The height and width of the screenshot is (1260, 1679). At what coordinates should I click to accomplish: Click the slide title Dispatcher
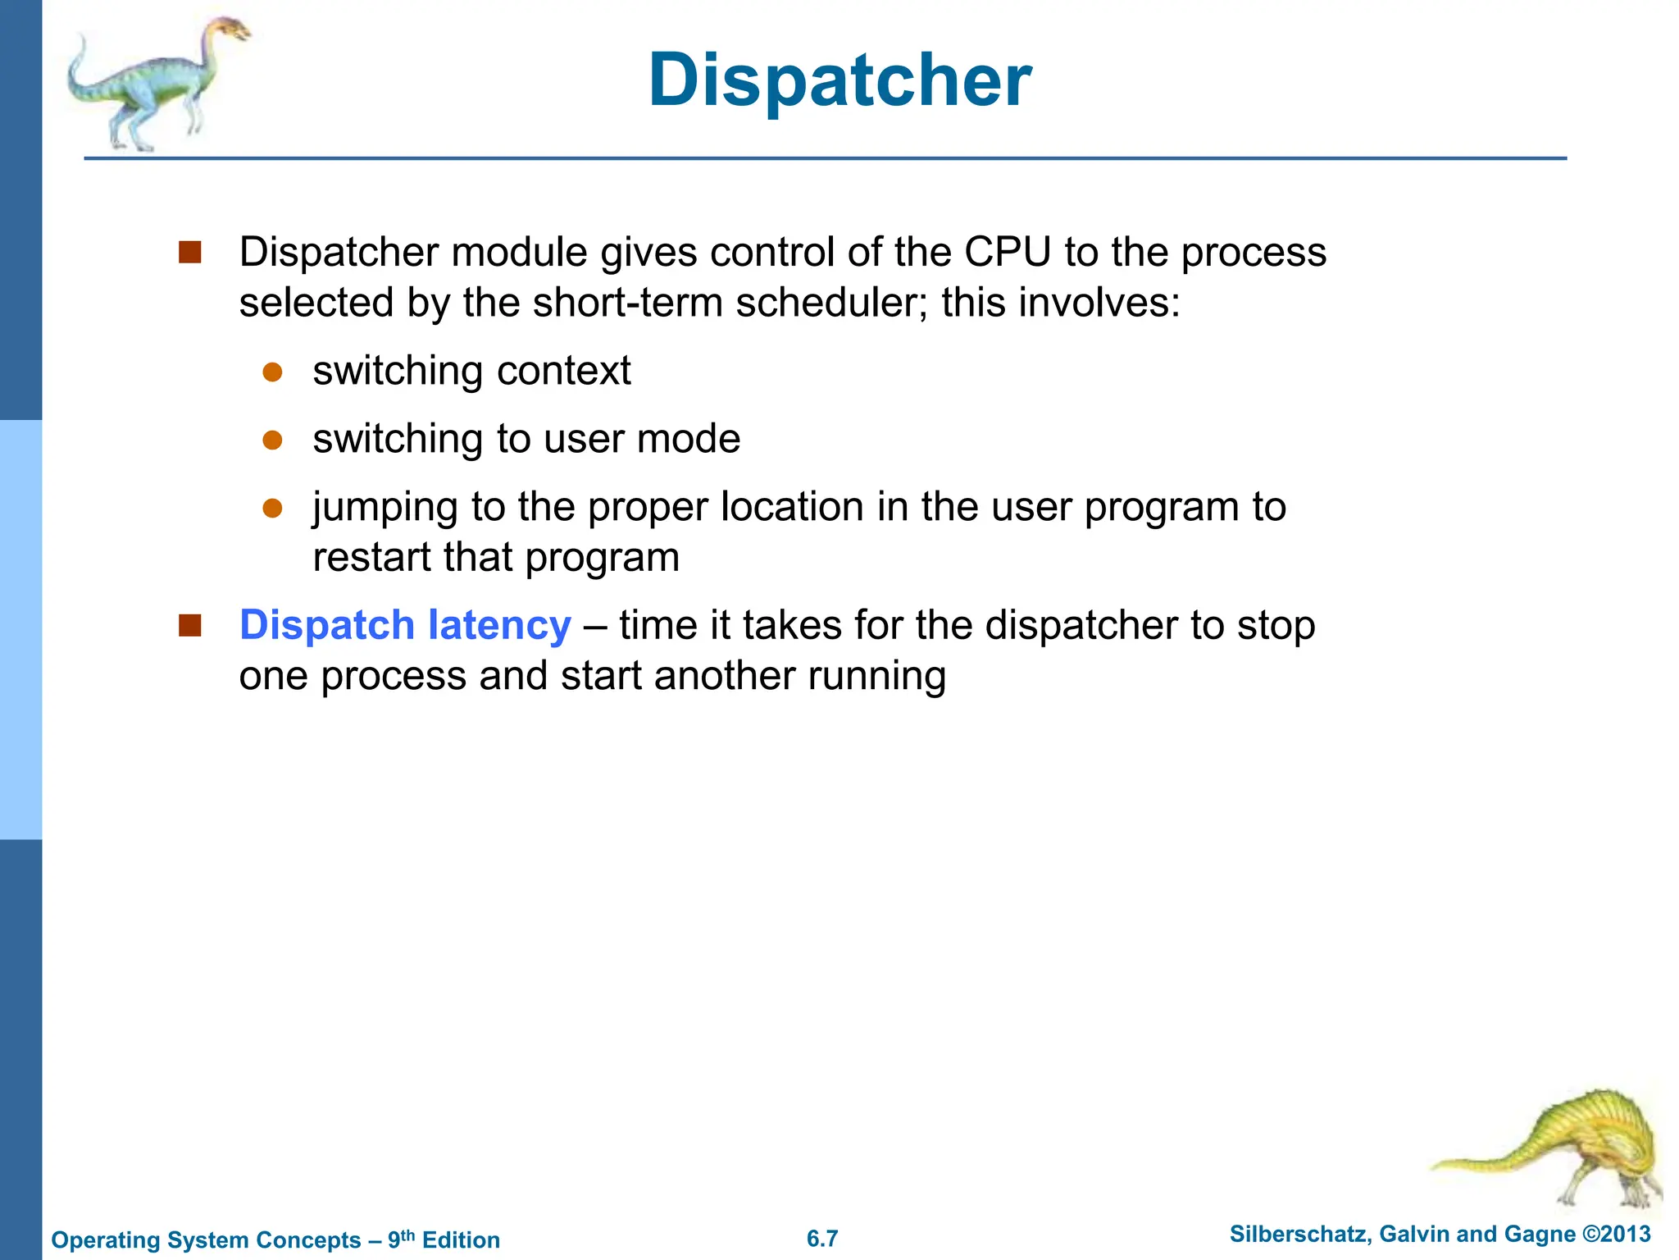tap(839, 80)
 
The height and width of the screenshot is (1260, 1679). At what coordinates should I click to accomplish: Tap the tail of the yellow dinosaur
tap(1467, 1163)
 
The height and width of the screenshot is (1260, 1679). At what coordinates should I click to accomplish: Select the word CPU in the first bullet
tap(1007, 252)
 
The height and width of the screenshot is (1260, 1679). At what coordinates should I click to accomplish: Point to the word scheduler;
tap(831, 303)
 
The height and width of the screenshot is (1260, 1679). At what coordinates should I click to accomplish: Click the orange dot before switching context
tap(272, 372)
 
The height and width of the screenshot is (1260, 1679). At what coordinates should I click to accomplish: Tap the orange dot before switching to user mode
tap(272, 441)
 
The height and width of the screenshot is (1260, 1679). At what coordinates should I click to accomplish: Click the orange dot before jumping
tap(272, 509)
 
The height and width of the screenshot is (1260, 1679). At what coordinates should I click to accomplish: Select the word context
tap(563, 371)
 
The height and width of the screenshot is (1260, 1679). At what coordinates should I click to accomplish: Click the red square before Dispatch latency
tap(190, 626)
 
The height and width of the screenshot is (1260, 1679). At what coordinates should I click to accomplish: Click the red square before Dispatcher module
tap(190, 252)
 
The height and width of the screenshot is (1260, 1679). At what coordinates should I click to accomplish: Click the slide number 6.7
tap(822, 1239)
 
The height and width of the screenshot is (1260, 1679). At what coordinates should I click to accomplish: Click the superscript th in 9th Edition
tap(407, 1235)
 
